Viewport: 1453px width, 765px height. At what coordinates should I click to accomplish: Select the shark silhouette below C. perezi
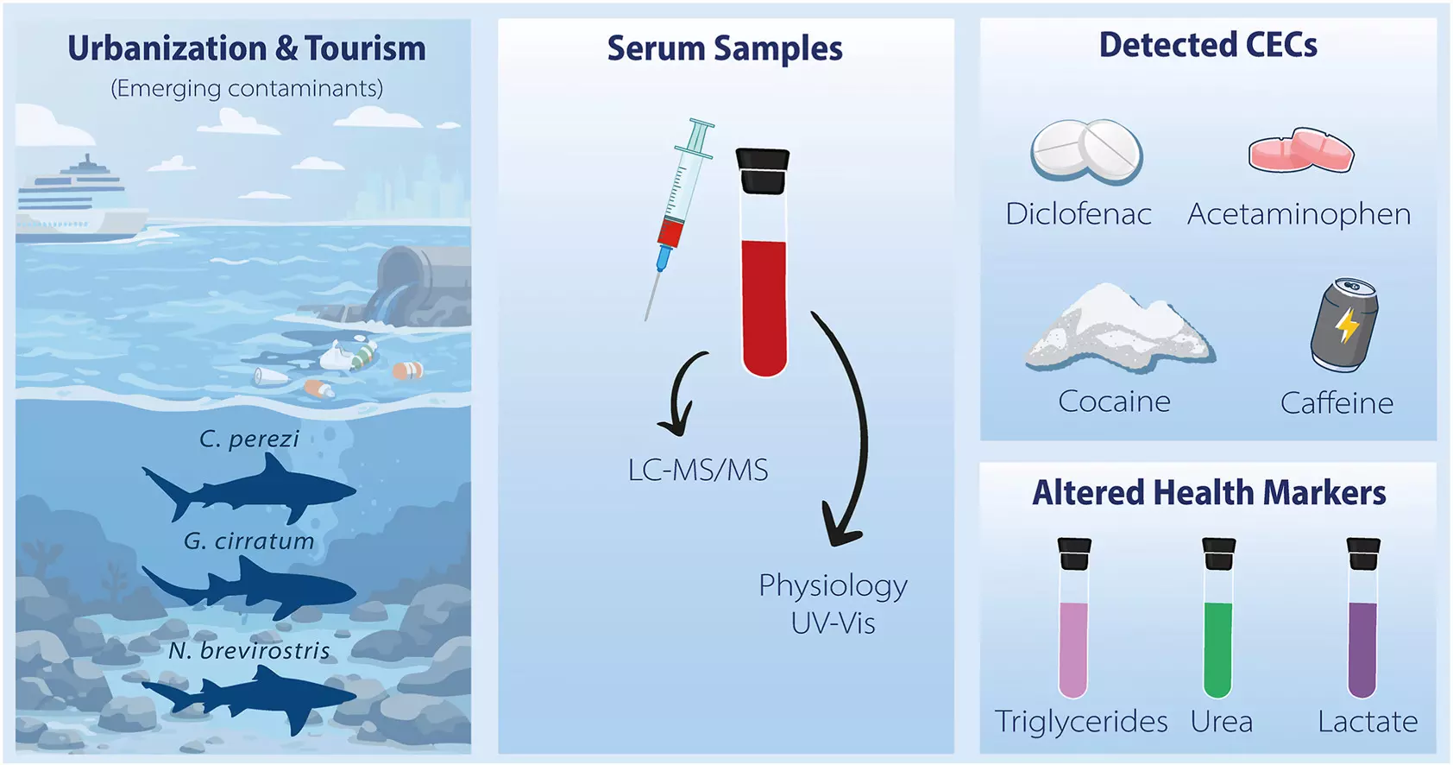pyautogui.click(x=249, y=490)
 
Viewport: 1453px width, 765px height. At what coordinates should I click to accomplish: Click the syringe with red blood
pyautogui.click(x=678, y=218)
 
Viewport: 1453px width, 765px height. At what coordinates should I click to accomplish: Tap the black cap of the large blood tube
pyautogui.click(x=763, y=171)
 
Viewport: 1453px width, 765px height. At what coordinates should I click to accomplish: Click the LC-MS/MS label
pyautogui.click(x=698, y=471)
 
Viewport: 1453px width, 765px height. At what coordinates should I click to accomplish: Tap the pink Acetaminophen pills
pyautogui.click(x=1301, y=151)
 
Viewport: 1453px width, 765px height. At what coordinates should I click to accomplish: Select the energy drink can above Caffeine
pyautogui.click(x=1344, y=325)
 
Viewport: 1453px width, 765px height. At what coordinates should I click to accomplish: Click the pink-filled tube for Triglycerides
pyautogui.click(x=1074, y=617)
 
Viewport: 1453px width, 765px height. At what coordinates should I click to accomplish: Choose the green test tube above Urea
pyautogui.click(x=1218, y=617)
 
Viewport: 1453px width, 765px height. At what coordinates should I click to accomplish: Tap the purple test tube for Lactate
pyautogui.click(x=1363, y=617)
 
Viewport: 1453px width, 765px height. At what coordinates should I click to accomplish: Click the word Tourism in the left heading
pyautogui.click(x=366, y=48)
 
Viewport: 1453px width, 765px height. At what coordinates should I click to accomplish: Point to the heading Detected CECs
pyautogui.click(x=1208, y=46)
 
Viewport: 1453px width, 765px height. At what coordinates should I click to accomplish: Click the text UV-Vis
pyautogui.click(x=833, y=623)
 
